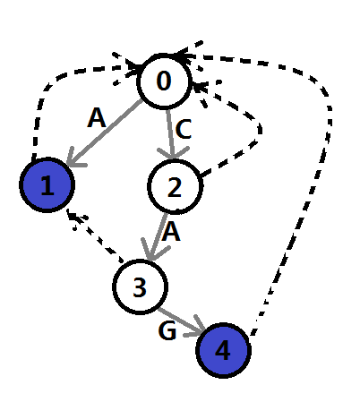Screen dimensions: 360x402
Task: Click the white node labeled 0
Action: tap(164, 81)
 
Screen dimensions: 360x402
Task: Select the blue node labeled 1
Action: tap(47, 184)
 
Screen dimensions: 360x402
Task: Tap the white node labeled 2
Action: tap(176, 186)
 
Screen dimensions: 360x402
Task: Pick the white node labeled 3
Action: tap(140, 287)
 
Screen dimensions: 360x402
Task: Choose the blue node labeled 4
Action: tap(223, 350)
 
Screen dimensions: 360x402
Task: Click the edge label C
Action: tap(184, 129)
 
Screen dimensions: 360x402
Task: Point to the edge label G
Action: tap(167, 330)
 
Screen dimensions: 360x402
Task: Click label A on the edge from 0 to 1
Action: tap(97, 118)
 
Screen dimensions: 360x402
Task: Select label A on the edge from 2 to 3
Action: tap(171, 232)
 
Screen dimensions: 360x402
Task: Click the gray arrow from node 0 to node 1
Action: tap(105, 133)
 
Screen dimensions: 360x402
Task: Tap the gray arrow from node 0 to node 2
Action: tap(171, 133)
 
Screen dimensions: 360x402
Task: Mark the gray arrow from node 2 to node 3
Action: tap(157, 236)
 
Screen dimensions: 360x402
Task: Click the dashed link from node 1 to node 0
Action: tap(56, 79)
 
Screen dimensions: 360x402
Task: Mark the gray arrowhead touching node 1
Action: tap(74, 158)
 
